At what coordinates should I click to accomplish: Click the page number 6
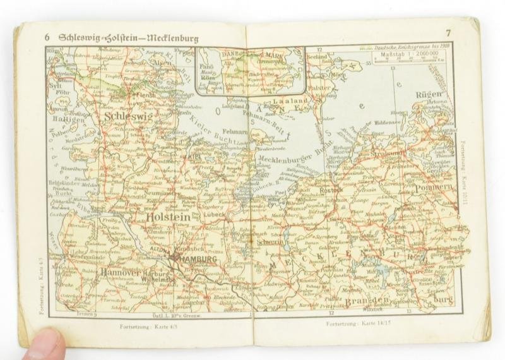pyautogui.click(x=47, y=36)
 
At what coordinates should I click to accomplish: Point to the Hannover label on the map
pyautogui.click(x=121, y=273)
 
